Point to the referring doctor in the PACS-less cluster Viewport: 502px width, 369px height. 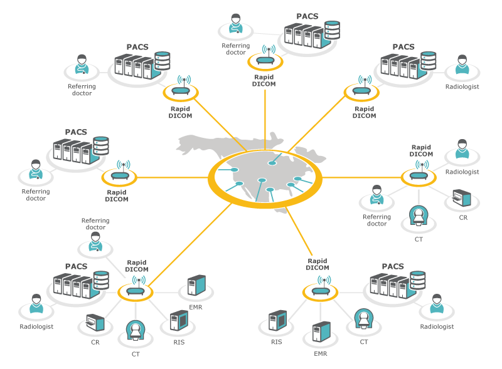376,197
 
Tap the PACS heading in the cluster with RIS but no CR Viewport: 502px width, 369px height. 392,266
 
